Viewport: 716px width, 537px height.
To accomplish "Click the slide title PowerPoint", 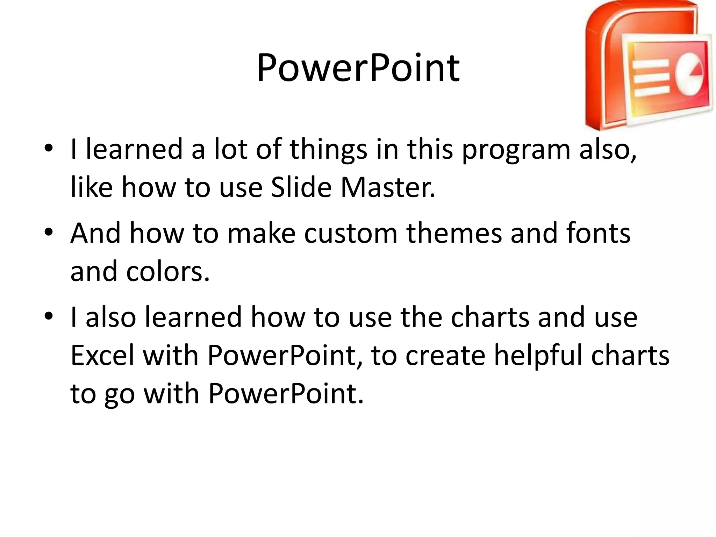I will click(x=358, y=68).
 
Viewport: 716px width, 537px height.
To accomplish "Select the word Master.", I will click(x=388, y=187).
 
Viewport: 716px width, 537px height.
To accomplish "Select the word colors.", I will click(x=168, y=272).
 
